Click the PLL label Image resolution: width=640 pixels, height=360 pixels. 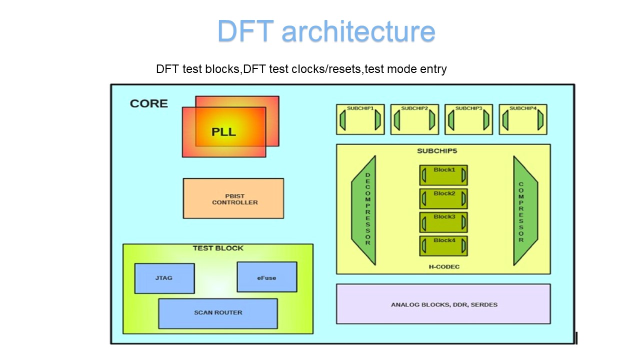[223, 132]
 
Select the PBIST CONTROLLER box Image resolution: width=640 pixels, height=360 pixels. [233, 198]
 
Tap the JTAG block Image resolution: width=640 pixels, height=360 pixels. [164, 278]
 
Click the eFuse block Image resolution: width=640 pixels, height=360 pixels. [266, 277]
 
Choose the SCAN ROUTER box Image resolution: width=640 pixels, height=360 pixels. [218, 313]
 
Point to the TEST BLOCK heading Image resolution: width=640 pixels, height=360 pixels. [218, 248]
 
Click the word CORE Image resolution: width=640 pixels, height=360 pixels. [149, 104]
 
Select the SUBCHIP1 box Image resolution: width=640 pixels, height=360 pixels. [360, 119]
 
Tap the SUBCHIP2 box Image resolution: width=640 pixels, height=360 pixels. [414, 119]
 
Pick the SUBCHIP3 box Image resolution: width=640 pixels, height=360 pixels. [468, 119]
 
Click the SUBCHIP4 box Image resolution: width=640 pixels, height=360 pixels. [523, 119]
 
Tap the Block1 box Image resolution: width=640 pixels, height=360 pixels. [443, 175]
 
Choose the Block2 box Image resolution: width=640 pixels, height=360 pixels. [443, 198]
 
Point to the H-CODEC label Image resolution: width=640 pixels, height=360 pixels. [443, 267]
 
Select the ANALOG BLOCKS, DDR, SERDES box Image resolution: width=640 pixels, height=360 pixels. [443, 304]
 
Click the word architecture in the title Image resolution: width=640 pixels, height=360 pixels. [358, 31]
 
